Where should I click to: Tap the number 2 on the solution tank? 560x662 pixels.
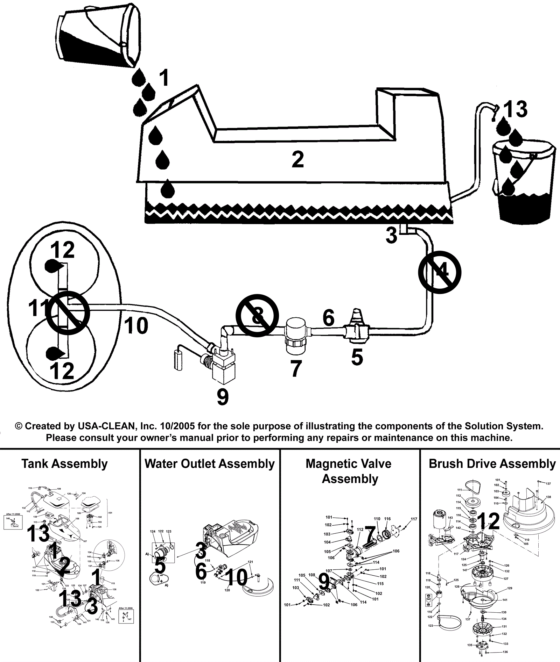click(297, 160)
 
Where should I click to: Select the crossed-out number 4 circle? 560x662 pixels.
click(440, 272)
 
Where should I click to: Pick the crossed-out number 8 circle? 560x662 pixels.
click(257, 316)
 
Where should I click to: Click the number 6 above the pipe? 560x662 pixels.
click(328, 318)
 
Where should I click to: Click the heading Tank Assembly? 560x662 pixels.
click(64, 464)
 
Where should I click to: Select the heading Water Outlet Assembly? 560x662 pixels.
click(210, 464)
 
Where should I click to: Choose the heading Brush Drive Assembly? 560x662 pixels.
click(492, 464)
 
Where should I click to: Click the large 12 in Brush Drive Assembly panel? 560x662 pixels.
click(488, 521)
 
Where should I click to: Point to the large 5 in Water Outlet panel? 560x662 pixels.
click(160, 566)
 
